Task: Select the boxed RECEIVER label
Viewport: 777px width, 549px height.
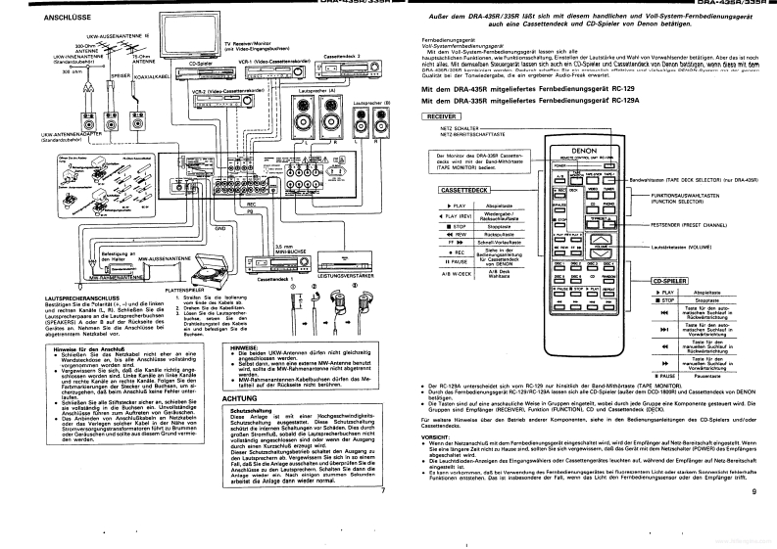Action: pos(439,115)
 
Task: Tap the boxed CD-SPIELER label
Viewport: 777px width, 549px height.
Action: pos(667,281)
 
